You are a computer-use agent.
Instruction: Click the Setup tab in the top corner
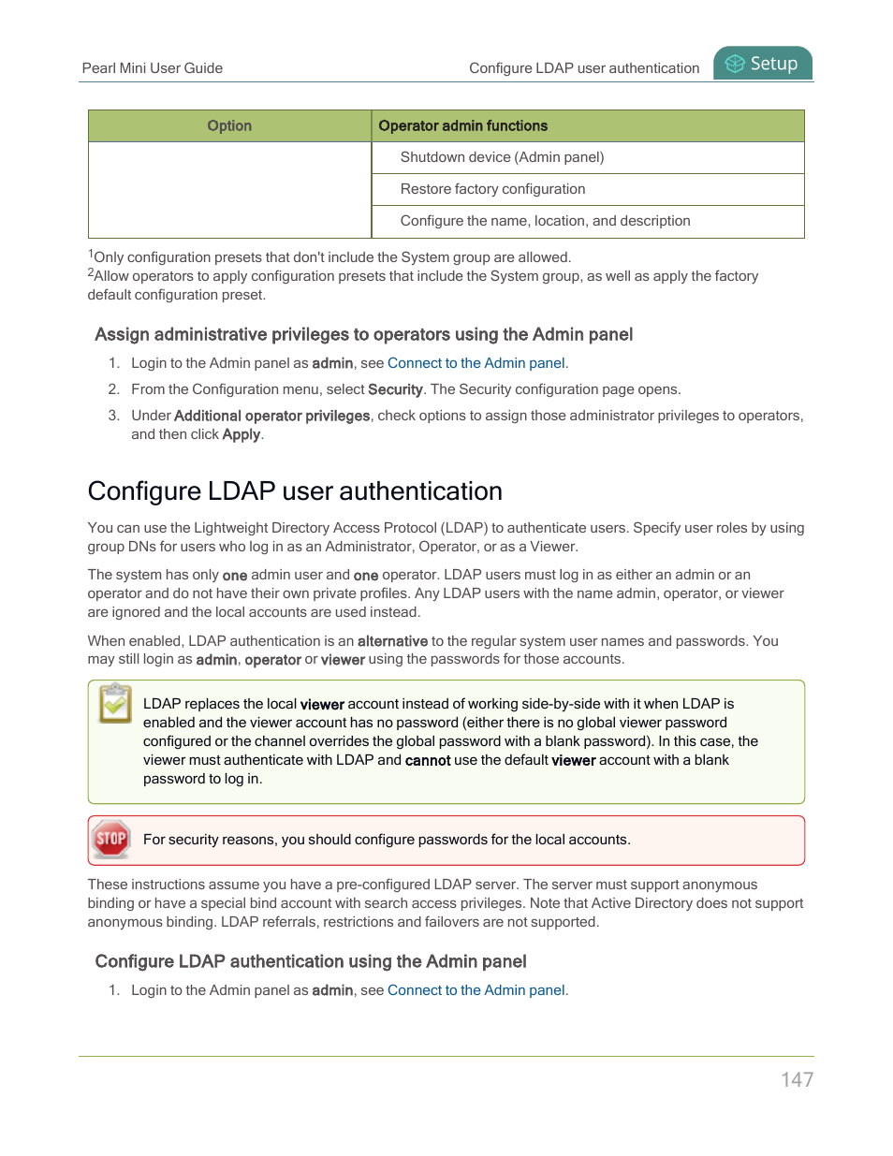pyautogui.click(x=763, y=64)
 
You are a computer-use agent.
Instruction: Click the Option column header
pyautogui.click(x=229, y=125)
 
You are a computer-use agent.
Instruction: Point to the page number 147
pyautogui.click(x=797, y=1079)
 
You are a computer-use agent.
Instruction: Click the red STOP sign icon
pyautogui.click(x=111, y=839)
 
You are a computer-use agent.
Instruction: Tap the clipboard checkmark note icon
pyautogui.click(x=115, y=704)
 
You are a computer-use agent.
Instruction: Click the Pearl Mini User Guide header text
pyautogui.click(x=152, y=68)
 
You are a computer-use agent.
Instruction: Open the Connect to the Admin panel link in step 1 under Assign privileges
pyautogui.click(x=476, y=363)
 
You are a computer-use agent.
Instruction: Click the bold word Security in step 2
pyautogui.click(x=395, y=389)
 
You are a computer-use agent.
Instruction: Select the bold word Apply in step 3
pyautogui.click(x=241, y=434)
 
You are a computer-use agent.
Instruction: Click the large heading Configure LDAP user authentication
pyautogui.click(x=295, y=491)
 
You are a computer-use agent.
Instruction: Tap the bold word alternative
pyautogui.click(x=392, y=641)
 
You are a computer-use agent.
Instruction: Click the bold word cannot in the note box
pyautogui.click(x=428, y=760)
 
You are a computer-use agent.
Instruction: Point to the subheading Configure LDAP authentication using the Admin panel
pyautogui.click(x=311, y=961)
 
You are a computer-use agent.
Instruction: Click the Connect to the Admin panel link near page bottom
pyautogui.click(x=476, y=990)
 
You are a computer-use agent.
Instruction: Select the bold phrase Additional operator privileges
pyautogui.click(x=271, y=416)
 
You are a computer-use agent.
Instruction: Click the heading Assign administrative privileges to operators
pyautogui.click(x=363, y=335)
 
